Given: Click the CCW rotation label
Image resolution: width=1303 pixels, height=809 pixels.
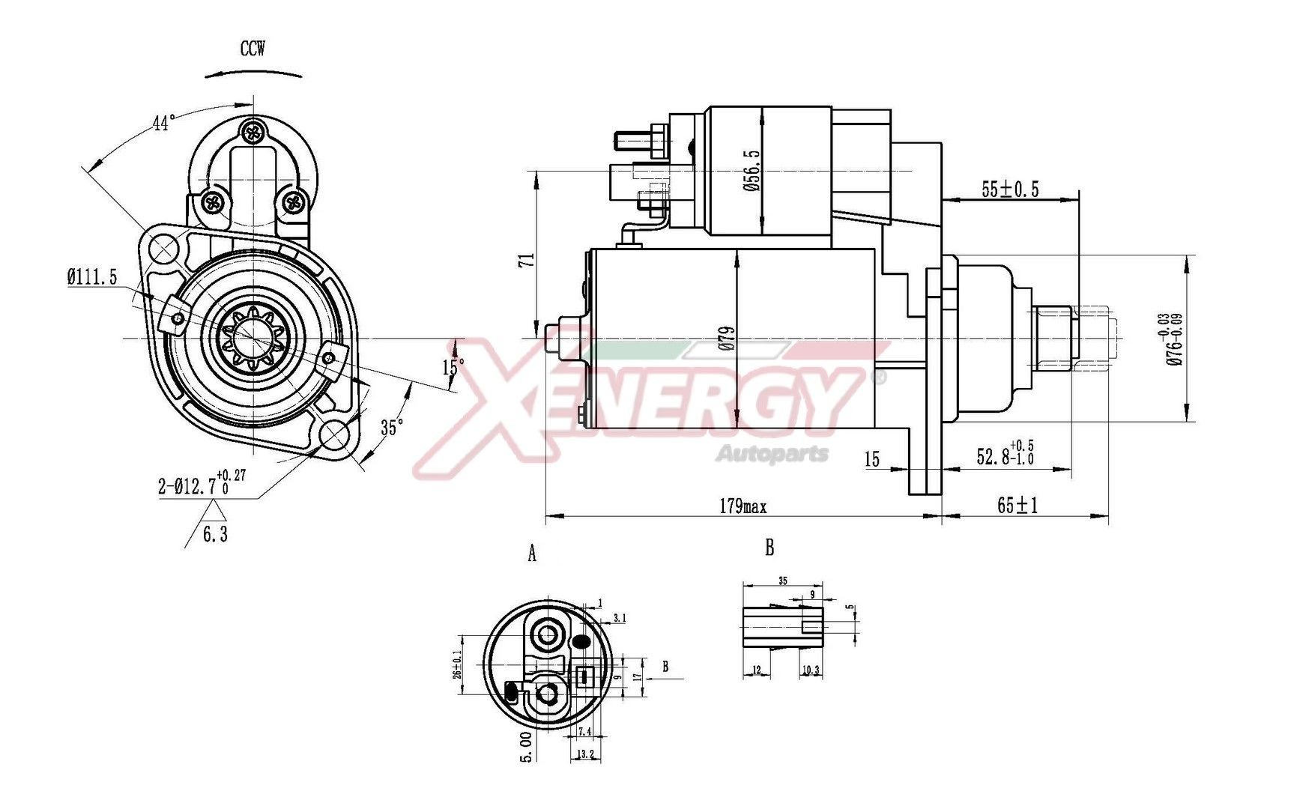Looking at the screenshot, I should pyautogui.click(x=252, y=49).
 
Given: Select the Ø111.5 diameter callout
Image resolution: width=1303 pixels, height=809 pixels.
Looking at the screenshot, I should pyautogui.click(x=92, y=277).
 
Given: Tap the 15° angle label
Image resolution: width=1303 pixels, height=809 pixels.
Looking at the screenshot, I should pyautogui.click(x=453, y=367).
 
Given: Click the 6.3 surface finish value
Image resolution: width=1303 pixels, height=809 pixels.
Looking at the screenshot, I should pyautogui.click(x=215, y=535).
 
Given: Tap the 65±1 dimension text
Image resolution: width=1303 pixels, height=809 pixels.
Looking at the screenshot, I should pyautogui.click(x=1017, y=506).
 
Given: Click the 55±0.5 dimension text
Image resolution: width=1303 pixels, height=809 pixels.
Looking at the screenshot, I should pyautogui.click(x=1010, y=190).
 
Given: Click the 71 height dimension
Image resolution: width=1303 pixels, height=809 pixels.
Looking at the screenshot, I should pyautogui.click(x=527, y=260).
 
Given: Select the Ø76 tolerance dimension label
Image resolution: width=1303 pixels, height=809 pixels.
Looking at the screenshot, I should pyautogui.click(x=1173, y=339).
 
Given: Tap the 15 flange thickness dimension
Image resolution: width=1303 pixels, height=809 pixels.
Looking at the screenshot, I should pyautogui.click(x=872, y=459).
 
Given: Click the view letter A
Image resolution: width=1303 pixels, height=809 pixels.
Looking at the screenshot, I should pyautogui.click(x=532, y=554).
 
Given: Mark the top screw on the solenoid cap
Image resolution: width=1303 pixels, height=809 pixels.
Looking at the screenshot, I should pyautogui.click(x=254, y=133).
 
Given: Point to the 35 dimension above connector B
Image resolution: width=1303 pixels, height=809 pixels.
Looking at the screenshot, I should pyautogui.click(x=783, y=581).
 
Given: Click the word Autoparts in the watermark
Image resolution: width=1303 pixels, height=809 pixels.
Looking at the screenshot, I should pyautogui.click(x=772, y=453).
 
